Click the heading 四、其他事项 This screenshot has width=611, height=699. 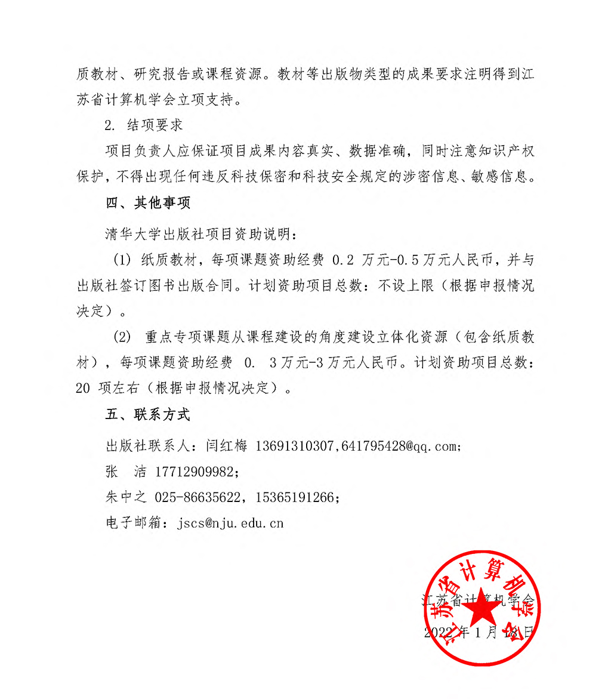click(148, 203)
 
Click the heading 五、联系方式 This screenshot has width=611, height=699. click(148, 415)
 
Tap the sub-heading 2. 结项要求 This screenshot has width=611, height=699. click(143, 126)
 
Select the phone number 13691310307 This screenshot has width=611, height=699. click(297, 447)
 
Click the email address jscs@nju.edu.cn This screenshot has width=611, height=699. click(230, 524)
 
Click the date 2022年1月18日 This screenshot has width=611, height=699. click(477, 632)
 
